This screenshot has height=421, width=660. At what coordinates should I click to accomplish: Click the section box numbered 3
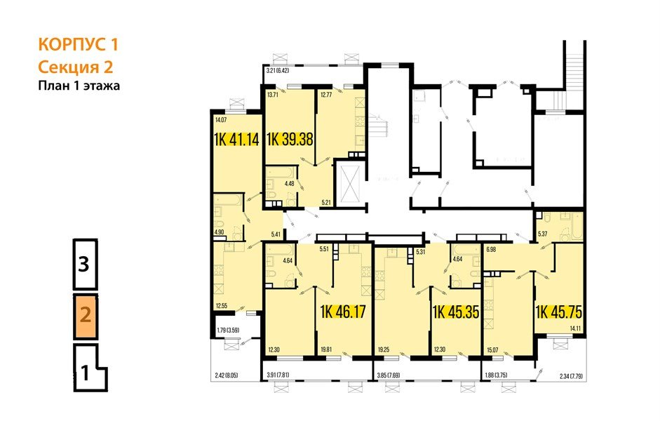(84, 265)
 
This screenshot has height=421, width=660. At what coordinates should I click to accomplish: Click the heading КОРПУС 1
(77, 45)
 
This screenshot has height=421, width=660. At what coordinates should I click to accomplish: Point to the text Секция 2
(75, 67)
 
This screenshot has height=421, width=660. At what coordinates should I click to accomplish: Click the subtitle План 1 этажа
(79, 86)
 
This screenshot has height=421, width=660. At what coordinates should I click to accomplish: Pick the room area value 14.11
(575, 328)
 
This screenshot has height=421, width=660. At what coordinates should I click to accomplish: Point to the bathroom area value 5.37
(542, 235)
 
